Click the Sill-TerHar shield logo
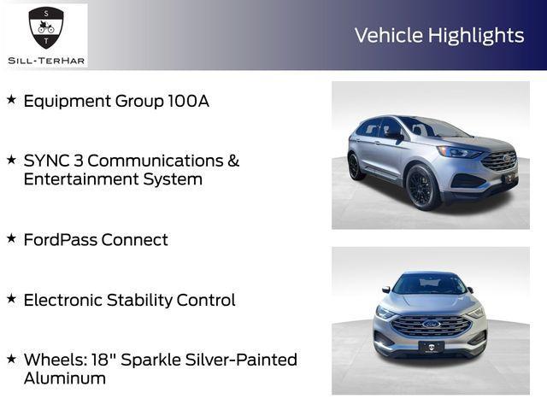tap(45, 27)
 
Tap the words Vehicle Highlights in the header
tap(438, 35)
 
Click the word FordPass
tap(60, 240)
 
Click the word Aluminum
tap(65, 378)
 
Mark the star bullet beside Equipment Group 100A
tap(11, 100)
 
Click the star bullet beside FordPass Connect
tap(11, 238)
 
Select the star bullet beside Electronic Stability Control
tap(11, 299)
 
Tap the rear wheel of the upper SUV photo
tap(354, 166)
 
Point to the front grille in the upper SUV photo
tap(499, 161)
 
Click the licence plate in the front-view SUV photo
tap(431, 347)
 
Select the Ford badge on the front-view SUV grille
tap(431, 325)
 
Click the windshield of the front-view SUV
tap(430, 285)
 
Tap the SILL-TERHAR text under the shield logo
tap(45, 59)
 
